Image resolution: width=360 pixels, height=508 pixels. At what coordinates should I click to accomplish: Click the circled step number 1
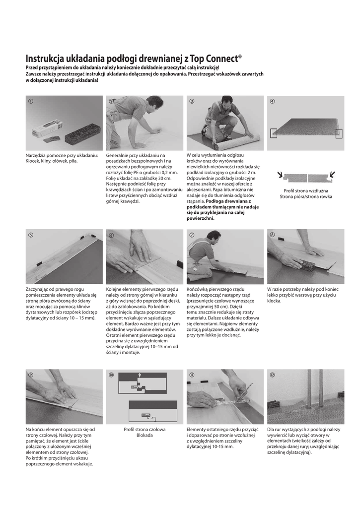coord(31,101)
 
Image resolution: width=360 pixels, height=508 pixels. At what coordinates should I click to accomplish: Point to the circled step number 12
coord(272,375)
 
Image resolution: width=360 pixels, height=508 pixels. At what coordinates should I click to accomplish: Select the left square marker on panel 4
coord(274,133)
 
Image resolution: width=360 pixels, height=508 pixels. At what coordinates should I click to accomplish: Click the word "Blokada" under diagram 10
coord(144,435)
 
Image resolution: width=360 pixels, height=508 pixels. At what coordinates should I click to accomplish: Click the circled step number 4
coord(272,101)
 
